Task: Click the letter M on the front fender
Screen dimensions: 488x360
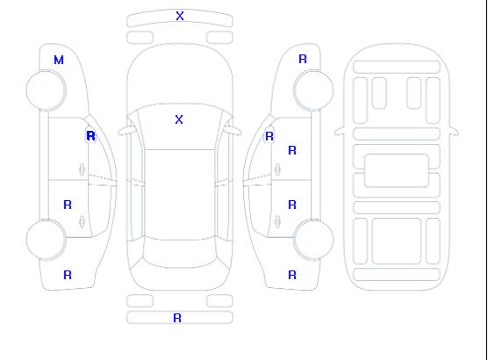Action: click(x=59, y=60)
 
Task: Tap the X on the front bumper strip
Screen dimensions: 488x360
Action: click(x=180, y=16)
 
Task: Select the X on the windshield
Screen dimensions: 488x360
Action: click(x=179, y=119)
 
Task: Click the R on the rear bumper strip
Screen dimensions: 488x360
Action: click(x=177, y=318)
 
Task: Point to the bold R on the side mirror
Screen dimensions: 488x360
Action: click(x=90, y=136)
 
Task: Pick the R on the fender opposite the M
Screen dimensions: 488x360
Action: click(x=303, y=59)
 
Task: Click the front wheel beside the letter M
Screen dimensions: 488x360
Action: click(x=46, y=90)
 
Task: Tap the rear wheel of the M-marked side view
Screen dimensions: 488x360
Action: click(x=46, y=240)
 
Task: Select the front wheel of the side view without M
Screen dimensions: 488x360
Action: click(x=313, y=90)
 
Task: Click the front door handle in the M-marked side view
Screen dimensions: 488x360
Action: click(x=82, y=169)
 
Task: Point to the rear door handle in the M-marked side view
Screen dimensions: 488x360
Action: click(x=82, y=221)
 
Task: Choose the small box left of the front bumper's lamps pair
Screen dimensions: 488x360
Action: click(x=140, y=38)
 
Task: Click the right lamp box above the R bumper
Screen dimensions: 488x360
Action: click(x=219, y=301)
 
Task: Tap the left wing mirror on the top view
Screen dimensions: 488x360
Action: click(x=126, y=131)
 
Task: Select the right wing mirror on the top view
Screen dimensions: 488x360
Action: click(x=233, y=131)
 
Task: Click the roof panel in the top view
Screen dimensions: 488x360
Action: click(x=180, y=195)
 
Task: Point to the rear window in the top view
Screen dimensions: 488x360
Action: click(x=180, y=254)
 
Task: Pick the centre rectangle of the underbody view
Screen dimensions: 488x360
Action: click(x=397, y=170)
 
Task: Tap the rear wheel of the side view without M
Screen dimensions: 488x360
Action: click(x=313, y=240)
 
